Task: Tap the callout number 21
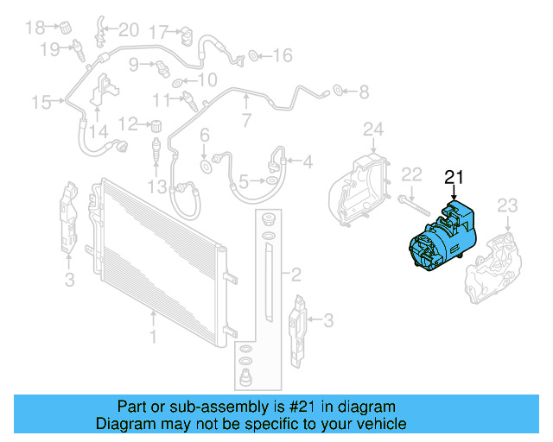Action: (454, 178)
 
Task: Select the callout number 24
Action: (372, 130)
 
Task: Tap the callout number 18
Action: (34, 28)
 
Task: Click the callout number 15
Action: (41, 103)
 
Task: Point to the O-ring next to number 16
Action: (254, 57)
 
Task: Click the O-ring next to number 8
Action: (338, 89)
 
